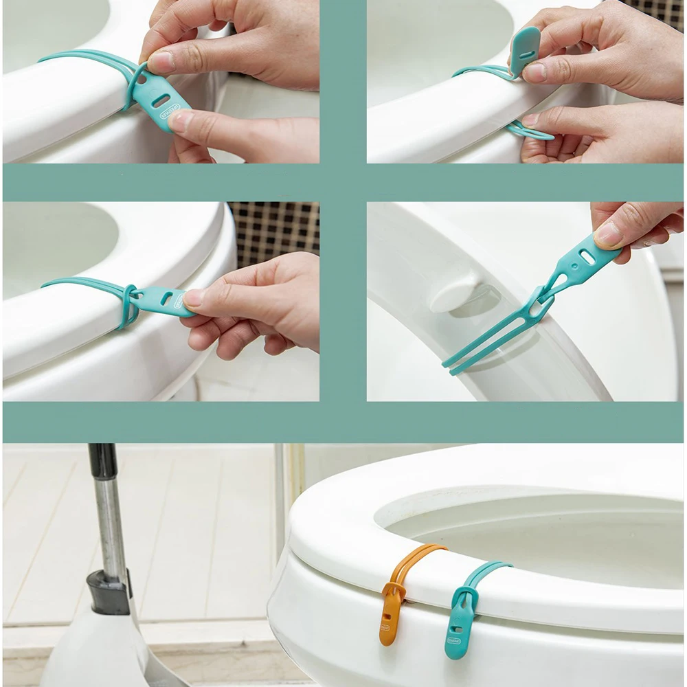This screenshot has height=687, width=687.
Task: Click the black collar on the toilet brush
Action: click(109, 591)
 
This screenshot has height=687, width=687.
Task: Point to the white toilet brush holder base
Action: click(103, 653)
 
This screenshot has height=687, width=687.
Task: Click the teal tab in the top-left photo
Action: click(162, 104)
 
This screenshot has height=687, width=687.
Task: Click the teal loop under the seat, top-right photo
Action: click(530, 131)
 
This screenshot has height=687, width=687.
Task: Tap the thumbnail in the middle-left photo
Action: click(194, 297)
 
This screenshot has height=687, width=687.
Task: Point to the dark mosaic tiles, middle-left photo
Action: click(275, 234)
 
